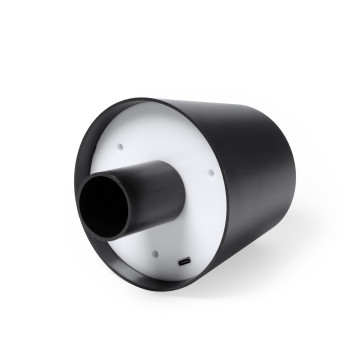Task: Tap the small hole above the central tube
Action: coord(120,145)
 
